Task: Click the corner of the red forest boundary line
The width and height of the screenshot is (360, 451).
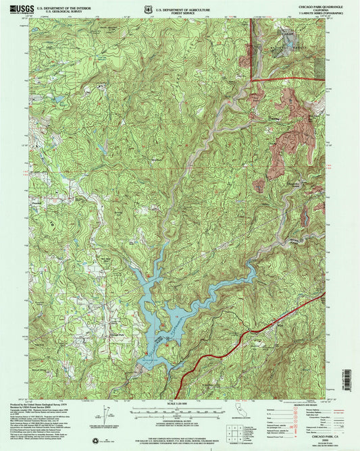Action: point(253,81)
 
